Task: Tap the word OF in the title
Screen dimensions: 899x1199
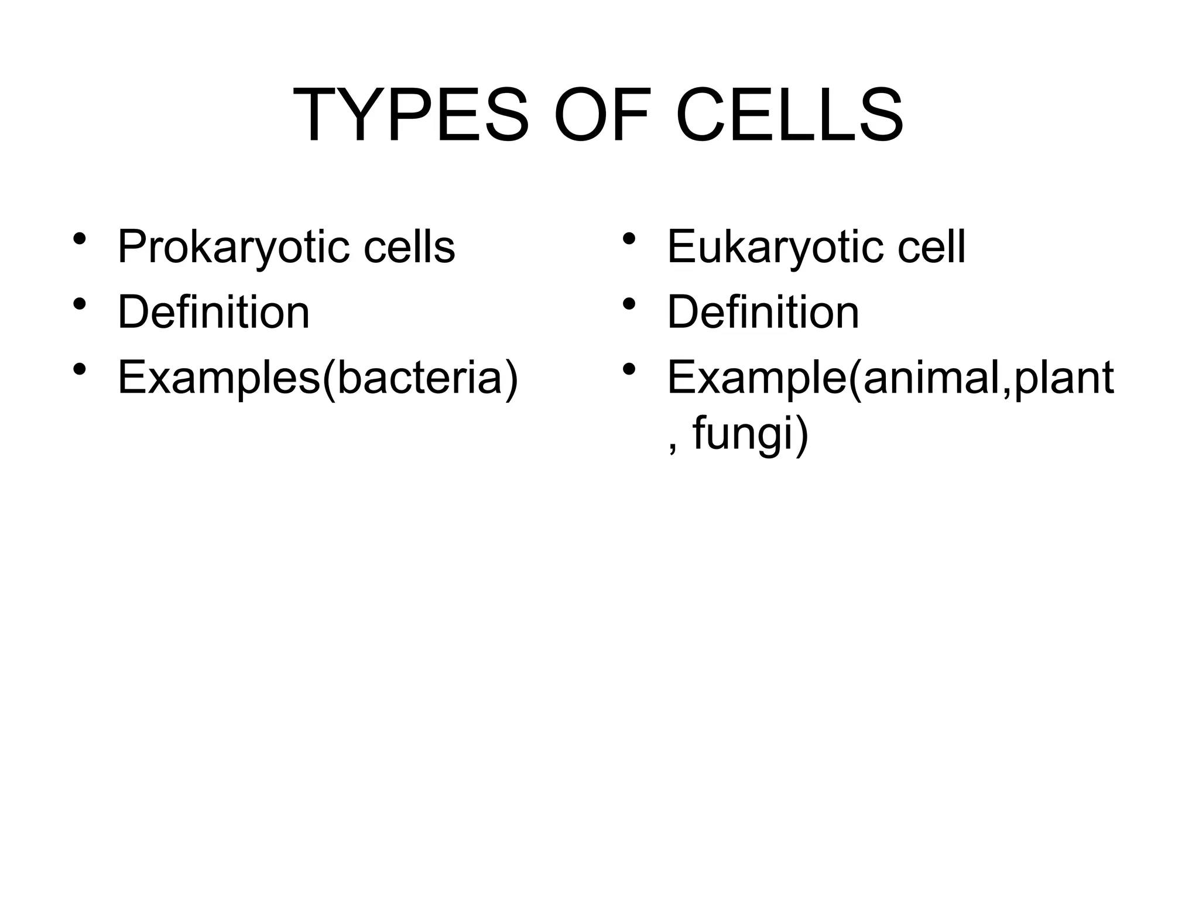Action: (x=602, y=115)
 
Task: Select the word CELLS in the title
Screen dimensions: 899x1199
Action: (x=790, y=115)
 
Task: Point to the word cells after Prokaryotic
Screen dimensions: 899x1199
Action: (x=409, y=246)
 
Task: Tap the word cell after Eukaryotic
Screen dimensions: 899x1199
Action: (x=931, y=246)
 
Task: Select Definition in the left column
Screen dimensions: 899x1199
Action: (x=214, y=312)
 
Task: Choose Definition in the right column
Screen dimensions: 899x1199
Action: (x=763, y=312)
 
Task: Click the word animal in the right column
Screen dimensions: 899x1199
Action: (x=931, y=378)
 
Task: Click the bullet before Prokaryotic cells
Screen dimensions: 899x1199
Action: (x=80, y=239)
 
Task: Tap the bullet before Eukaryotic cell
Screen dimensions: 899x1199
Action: (x=629, y=239)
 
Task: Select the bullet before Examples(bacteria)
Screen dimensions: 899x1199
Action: (x=80, y=370)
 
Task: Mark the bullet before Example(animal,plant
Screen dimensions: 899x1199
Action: (x=629, y=370)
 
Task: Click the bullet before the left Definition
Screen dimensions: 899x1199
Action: (x=80, y=304)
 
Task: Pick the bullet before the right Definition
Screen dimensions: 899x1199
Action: (x=629, y=304)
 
